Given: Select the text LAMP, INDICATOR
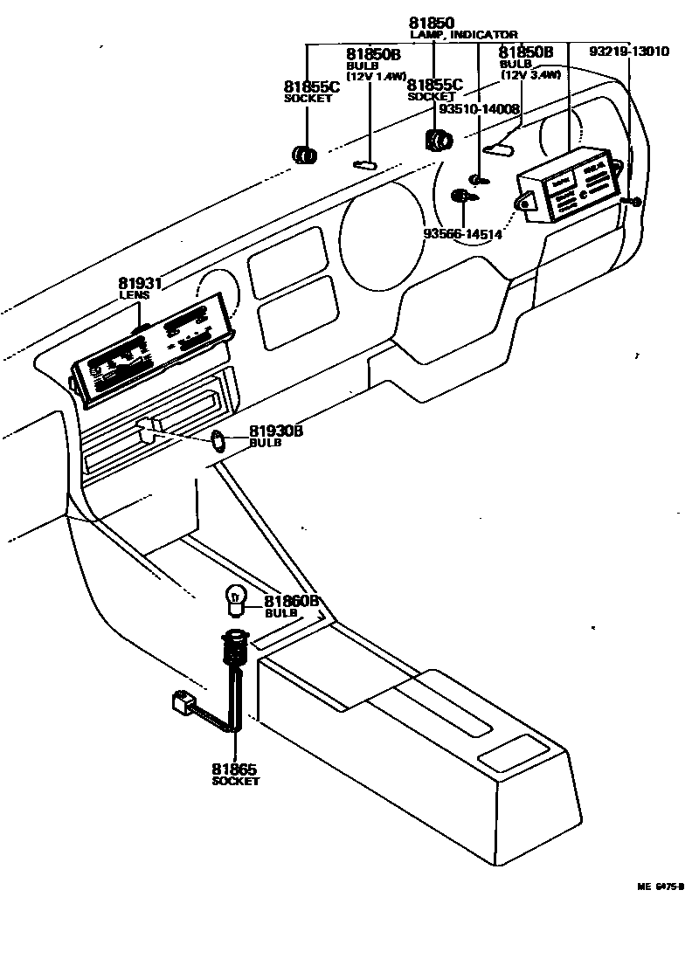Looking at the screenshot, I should point(463,35).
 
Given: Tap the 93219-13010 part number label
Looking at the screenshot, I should point(628,52).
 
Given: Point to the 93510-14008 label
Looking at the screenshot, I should point(479,110).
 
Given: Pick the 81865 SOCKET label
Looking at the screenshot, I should point(235,775).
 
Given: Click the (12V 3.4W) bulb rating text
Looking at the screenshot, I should point(530,75).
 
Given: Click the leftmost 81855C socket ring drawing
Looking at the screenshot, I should point(303,155).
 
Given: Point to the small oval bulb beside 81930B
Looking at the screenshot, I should point(219,442).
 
